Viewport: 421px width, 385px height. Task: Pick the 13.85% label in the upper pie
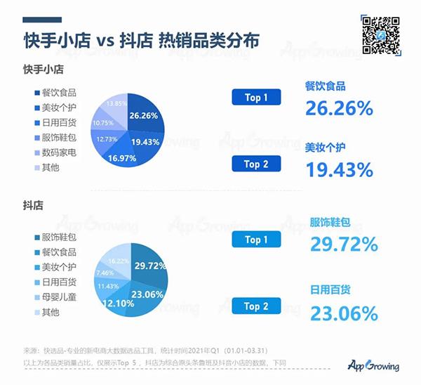114,104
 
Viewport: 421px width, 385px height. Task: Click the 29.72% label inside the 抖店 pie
150,266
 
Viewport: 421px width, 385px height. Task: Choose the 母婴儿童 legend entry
55,297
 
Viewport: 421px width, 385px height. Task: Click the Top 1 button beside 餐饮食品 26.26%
256,98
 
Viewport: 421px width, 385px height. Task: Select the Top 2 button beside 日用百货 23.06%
256,306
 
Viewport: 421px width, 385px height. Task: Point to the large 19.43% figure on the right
339,169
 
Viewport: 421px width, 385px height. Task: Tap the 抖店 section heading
33,206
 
